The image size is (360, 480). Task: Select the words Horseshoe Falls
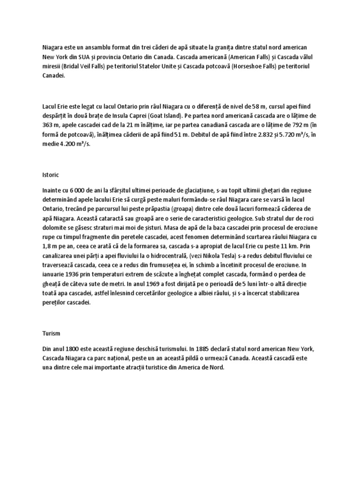[x=246, y=67]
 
